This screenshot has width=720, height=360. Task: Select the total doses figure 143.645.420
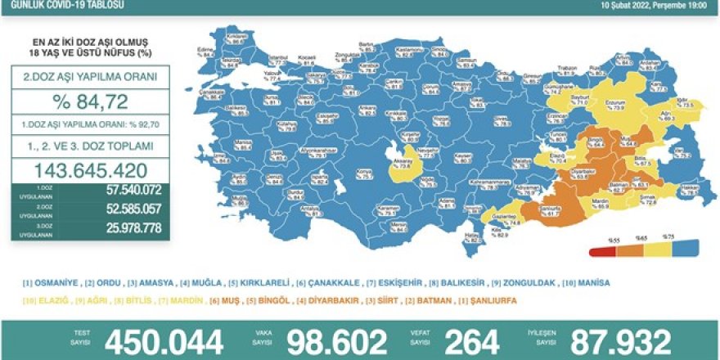tap(90, 171)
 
